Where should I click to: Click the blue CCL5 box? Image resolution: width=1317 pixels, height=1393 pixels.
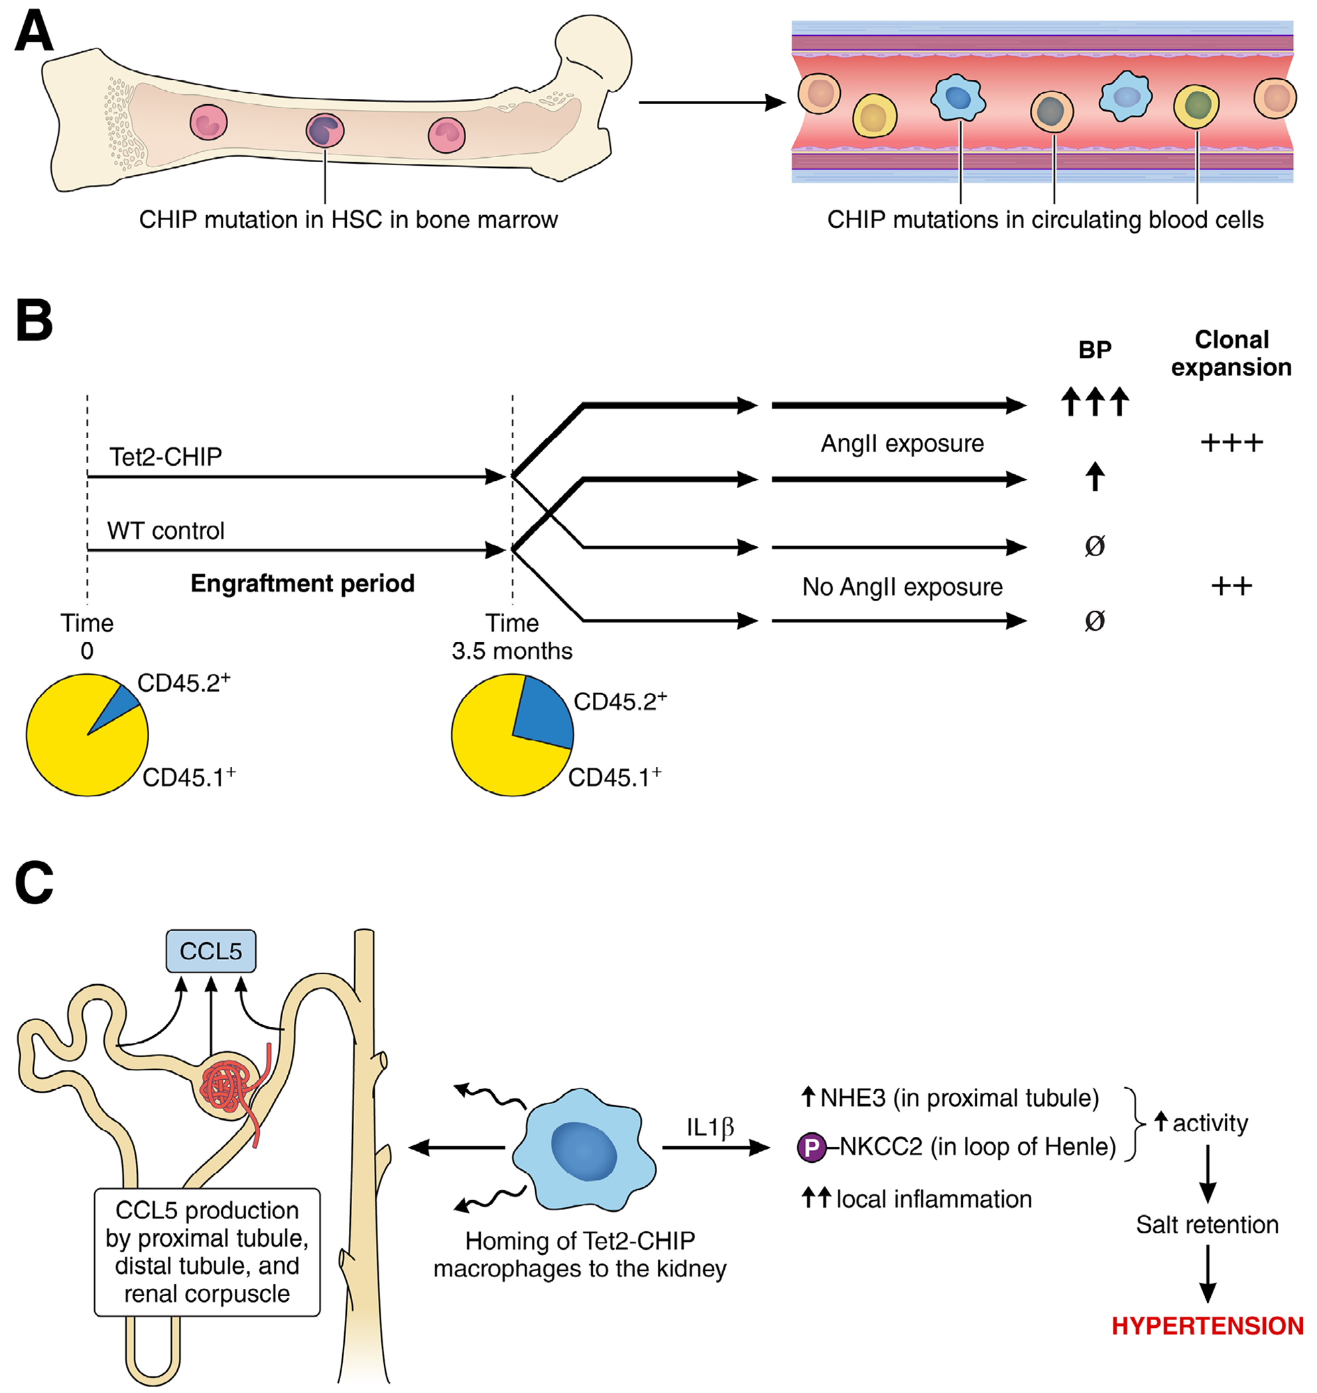point(211,951)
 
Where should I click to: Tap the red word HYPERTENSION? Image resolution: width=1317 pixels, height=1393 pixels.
point(1207,1325)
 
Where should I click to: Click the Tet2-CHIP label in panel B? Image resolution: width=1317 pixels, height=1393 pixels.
point(166,457)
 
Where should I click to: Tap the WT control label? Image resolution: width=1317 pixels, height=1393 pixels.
point(166,531)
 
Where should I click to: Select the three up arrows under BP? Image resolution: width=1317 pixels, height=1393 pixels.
point(1094,401)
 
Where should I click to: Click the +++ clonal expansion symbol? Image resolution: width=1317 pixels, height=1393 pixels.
point(1231,443)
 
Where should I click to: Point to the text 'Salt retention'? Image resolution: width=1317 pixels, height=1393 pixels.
point(1207,1225)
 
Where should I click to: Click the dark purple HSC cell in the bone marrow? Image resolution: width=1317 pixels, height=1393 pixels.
point(325,131)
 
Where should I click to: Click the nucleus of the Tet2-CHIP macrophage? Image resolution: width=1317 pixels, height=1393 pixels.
point(584,1150)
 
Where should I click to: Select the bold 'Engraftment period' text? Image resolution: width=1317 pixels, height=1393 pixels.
point(302,584)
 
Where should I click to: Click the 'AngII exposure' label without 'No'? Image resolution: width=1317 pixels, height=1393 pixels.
point(902,444)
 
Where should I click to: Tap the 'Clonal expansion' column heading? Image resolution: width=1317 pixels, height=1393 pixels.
point(1231,353)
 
